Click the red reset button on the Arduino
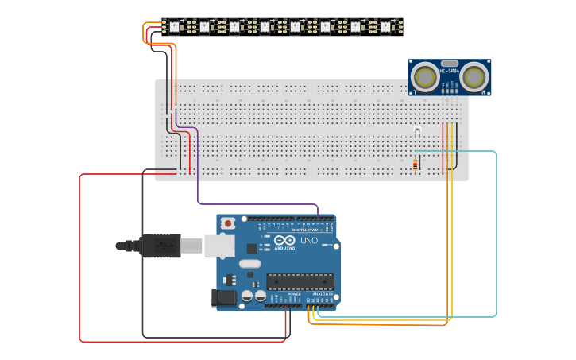click(228, 223)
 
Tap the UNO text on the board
click(308, 240)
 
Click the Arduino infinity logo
click(286, 240)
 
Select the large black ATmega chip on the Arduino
click(300, 281)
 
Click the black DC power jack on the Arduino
click(224, 298)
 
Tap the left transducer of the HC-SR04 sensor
click(425, 76)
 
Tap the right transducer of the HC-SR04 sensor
click(474, 76)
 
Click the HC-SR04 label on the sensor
click(450, 72)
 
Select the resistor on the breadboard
click(415, 165)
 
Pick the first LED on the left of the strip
click(174, 27)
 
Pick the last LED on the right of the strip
click(385, 27)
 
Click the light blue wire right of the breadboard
click(497, 238)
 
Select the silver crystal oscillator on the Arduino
click(249, 264)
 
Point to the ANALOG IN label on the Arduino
click(322, 293)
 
